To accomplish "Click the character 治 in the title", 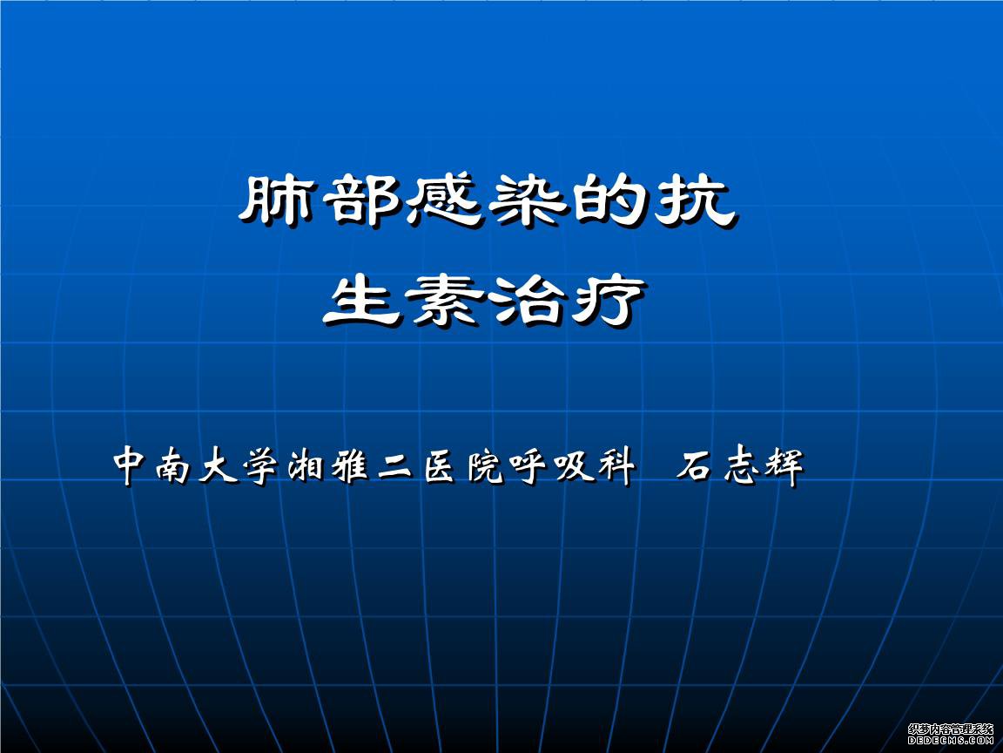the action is (x=526, y=300).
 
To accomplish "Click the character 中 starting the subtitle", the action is (x=131, y=465).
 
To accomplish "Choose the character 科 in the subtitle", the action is (x=616, y=465).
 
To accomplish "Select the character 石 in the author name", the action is (x=696, y=466).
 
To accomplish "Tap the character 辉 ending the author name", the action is (x=784, y=465).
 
